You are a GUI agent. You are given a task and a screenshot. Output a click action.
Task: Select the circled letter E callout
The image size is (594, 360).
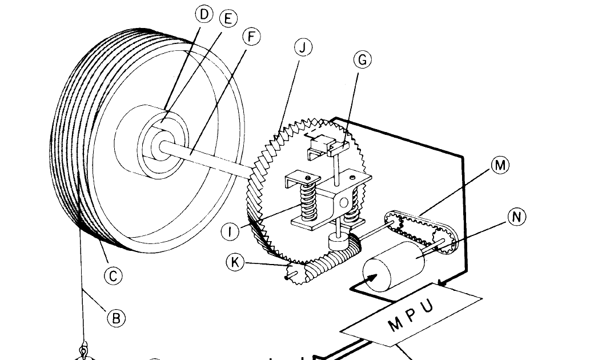[x=228, y=18]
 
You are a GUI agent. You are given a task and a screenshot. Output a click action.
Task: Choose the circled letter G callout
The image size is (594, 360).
[x=363, y=60]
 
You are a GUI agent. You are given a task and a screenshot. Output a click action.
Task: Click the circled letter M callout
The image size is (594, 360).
[x=499, y=165]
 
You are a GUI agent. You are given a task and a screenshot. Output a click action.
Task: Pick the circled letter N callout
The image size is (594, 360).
[x=516, y=217]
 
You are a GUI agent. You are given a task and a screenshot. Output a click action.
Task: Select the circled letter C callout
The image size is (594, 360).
[x=114, y=277]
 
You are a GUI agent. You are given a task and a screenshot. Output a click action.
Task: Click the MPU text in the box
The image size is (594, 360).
[x=411, y=315]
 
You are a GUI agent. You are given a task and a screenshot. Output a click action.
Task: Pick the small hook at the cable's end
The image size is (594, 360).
[x=84, y=349]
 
